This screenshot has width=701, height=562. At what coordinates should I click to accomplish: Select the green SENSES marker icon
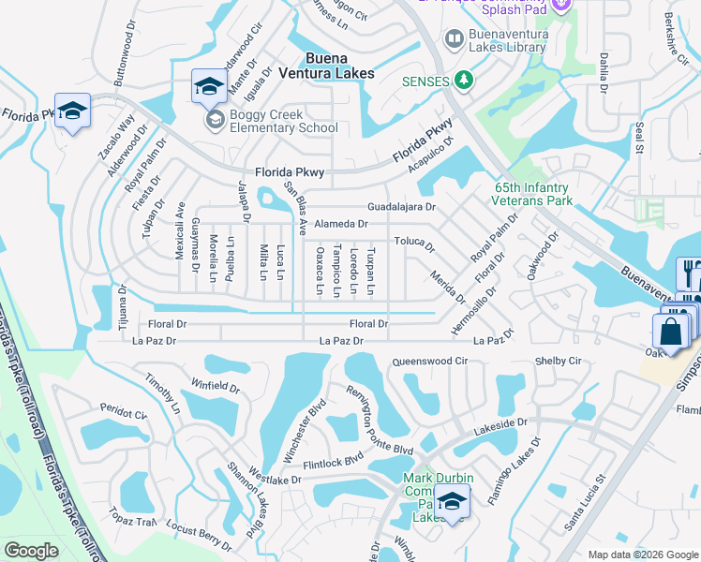(463, 81)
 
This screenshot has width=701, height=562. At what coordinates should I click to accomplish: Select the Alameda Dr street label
(341, 224)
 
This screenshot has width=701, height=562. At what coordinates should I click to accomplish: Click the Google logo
(31, 551)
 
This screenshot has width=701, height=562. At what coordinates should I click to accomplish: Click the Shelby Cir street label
(558, 362)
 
